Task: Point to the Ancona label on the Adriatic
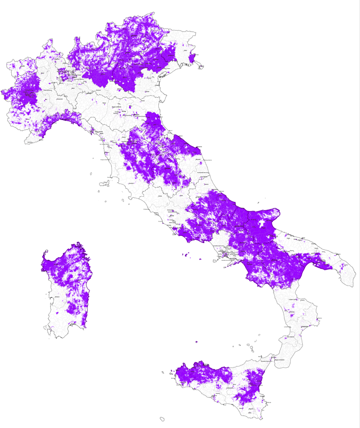(x=199, y=147)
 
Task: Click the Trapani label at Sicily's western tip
(x=172, y=371)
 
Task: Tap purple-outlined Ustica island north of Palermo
(x=196, y=342)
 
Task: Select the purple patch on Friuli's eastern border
(x=193, y=58)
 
